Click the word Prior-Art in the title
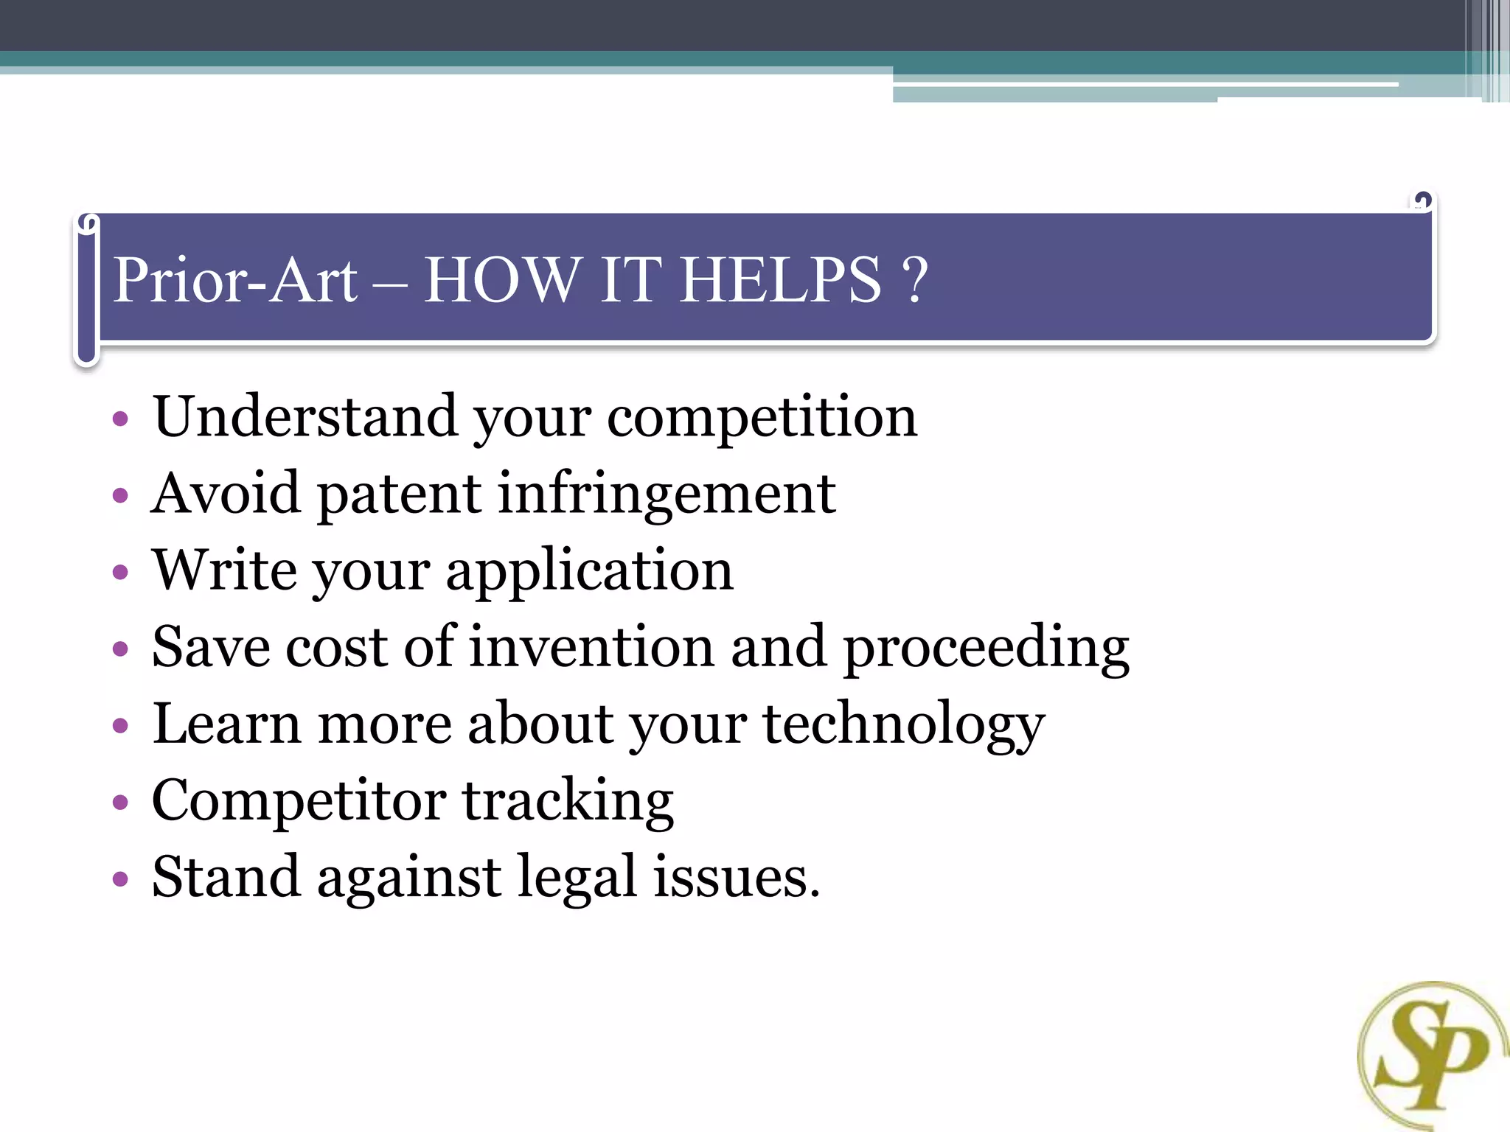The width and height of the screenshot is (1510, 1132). [x=235, y=280]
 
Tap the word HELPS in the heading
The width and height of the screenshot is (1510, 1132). [x=780, y=280]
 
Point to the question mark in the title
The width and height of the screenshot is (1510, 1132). [x=915, y=280]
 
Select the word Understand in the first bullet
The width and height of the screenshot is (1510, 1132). [x=305, y=416]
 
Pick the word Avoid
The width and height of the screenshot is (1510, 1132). [x=226, y=493]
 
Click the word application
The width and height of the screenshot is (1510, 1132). [x=589, y=571]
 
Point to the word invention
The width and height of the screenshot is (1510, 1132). [x=591, y=647]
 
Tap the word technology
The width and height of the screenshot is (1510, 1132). [x=904, y=725]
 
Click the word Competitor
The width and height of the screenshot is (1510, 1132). [x=299, y=802]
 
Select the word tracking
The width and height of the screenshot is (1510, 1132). [x=567, y=802]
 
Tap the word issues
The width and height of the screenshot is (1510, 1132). [x=736, y=878]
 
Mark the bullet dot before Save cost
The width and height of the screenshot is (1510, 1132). [x=120, y=649]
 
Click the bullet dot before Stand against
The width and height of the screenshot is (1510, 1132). [x=120, y=879]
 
